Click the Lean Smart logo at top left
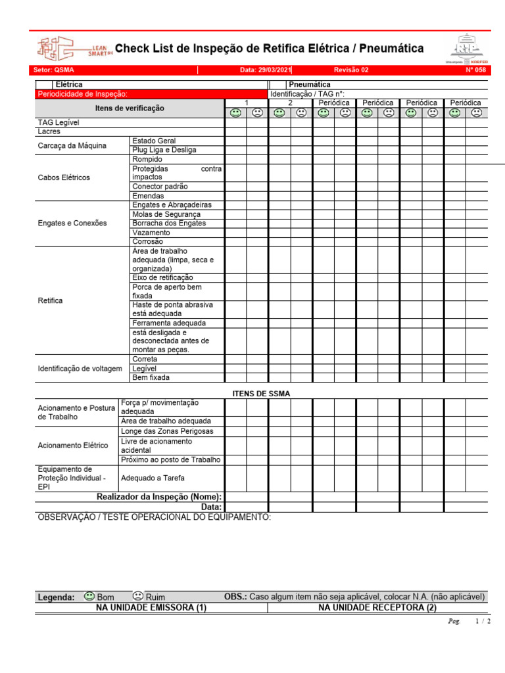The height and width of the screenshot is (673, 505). [x=74, y=49]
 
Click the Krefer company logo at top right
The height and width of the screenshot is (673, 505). [x=468, y=49]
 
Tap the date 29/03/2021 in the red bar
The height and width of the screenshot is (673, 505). [x=266, y=70]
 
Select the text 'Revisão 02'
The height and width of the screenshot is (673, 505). [x=351, y=70]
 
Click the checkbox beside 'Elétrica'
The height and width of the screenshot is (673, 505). [x=44, y=85]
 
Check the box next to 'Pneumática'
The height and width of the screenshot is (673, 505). [x=277, y=85]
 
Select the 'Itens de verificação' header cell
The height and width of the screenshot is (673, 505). [x=130, y=108]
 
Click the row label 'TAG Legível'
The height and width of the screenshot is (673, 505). [x=58, y=122]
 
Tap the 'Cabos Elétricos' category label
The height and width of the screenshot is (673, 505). [x=64, y=177]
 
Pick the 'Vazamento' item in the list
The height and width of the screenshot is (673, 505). [x=151, y=233]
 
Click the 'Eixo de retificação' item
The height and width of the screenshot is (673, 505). [x=162, y=278]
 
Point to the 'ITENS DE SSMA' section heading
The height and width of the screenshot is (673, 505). [x=261, y=393]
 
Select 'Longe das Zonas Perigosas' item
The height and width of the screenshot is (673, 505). [x=167, y=431]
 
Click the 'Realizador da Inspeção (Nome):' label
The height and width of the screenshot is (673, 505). [x=159, y=497]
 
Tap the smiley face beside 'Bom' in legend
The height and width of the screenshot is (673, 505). [x=89, y=596]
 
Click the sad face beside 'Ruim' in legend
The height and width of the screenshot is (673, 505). [x=137, y=596]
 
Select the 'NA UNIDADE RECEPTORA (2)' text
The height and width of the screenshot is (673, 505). [x=377, y=608]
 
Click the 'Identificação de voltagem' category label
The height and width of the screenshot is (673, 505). [x=80, y=369]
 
